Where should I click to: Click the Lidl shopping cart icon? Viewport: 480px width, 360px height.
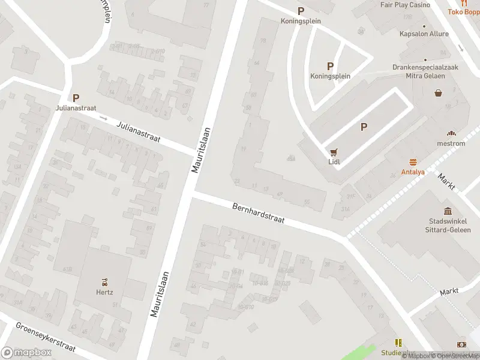pyautogui.click(x=334, y=152)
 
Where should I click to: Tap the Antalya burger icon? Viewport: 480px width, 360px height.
pyautogui.click(x=413, y=162)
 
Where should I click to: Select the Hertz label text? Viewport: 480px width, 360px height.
pyautogui.click(x=104, y=292)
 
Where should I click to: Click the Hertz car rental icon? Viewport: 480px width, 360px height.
pyautogui.click(x=104, y=281)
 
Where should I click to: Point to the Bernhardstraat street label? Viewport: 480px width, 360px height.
pyautogui.click(x=259, y=214)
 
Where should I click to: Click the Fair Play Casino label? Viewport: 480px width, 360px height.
pyautogui.click(x=405, y=5)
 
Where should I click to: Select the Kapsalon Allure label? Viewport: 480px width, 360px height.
pyautogui.click(x=424, y=34)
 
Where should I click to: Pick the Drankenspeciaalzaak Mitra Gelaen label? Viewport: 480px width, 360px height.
pyautogui.click(x=425, y=71)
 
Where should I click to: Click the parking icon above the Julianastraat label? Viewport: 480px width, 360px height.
pyautogui.click(x=76, y=97)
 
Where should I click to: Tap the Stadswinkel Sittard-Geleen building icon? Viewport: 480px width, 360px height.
pyautogui.click(x=448, y=211)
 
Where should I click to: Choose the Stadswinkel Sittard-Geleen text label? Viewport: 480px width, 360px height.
pyautogui.click(x=449, y=226)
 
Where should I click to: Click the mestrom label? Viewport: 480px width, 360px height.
pyautogui.click(x=451, y=143)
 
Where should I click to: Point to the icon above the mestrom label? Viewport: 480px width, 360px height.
pyautogui.click(x=451, y=133)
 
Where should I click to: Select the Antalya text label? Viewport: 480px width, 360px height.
pyautogui.click(x=413, y=172)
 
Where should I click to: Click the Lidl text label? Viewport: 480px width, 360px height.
pyautogui.click(x=334, y=162)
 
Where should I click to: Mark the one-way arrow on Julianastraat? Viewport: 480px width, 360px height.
pyautogui.click(x=103, y=118)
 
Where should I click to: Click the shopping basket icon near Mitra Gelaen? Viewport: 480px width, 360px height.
pyautogui.click(x=439, y=93)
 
